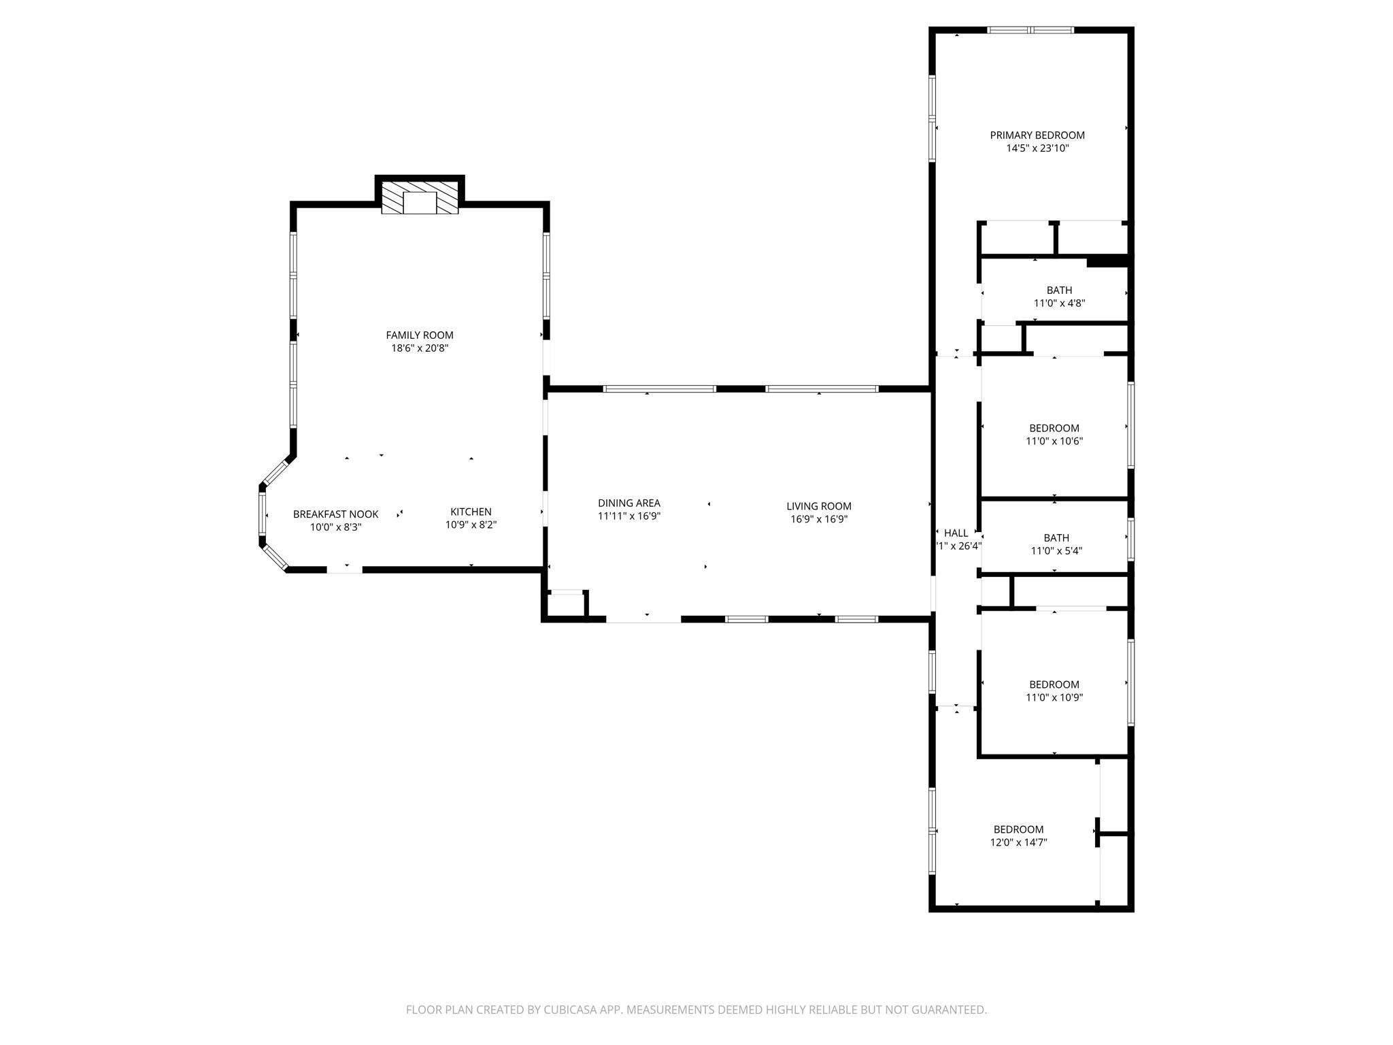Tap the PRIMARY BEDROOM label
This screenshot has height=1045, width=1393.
tap(1037, 135)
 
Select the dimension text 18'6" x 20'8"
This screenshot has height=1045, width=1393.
tap(420, 348)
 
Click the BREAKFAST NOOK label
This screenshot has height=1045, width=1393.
tap(335, 514)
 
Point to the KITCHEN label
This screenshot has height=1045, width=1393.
tap(471, 512)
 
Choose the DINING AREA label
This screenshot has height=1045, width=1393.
tap(628, 503)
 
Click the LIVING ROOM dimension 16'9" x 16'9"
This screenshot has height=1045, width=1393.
tap(818, 519)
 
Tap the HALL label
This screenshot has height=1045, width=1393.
tap(956, 533)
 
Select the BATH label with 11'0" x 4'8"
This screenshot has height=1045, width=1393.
tap(1059, 291)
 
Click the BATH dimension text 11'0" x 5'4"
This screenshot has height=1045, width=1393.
tap(1056, 551)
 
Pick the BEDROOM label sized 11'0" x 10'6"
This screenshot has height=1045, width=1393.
tap(1054, 428)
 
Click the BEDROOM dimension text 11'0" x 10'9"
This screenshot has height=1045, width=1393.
tap(1054, 697)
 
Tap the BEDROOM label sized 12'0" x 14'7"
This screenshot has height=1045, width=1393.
tap(1018, 829)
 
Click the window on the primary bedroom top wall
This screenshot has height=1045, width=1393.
tap(1030, 30)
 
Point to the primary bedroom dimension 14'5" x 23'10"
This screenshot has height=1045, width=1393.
tap(1037, 148)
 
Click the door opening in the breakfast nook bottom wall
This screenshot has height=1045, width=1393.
tap(345, 569)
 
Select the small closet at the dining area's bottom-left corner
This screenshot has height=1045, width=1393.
tap(566, 605)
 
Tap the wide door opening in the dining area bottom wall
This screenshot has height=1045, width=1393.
tap(643, 619)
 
